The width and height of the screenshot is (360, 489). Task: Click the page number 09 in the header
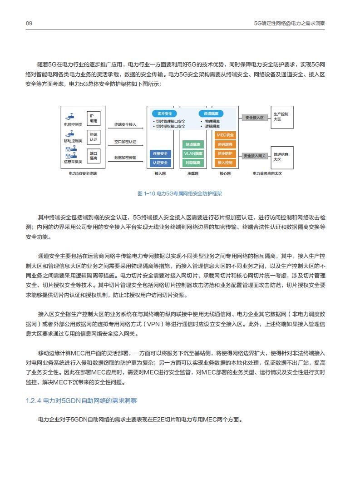tap(29, 23)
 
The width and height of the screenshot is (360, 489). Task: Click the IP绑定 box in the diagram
tap(93, 119)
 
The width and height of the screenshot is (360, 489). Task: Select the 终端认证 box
tap(93, 137)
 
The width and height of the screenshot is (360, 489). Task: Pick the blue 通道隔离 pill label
tap(211, 114)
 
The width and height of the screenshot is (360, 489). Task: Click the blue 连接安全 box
tap(160, 153)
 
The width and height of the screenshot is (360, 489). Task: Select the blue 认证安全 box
tap(160, 163)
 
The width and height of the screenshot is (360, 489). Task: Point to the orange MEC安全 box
tap(225, 135)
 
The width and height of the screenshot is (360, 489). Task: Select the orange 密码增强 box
tap(225, 144)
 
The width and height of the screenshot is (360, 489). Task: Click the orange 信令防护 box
tap(225, 153)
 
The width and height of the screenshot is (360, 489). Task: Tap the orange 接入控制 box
tap(225, 163)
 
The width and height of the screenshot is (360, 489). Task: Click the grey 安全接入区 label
tap(254, 118)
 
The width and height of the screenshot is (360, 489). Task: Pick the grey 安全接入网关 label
tap(254, 156)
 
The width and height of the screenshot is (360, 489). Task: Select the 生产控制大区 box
tap(281, 116)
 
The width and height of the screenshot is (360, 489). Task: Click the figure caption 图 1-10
tap(180, 193)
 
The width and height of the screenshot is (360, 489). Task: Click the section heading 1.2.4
tap(81, 400)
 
